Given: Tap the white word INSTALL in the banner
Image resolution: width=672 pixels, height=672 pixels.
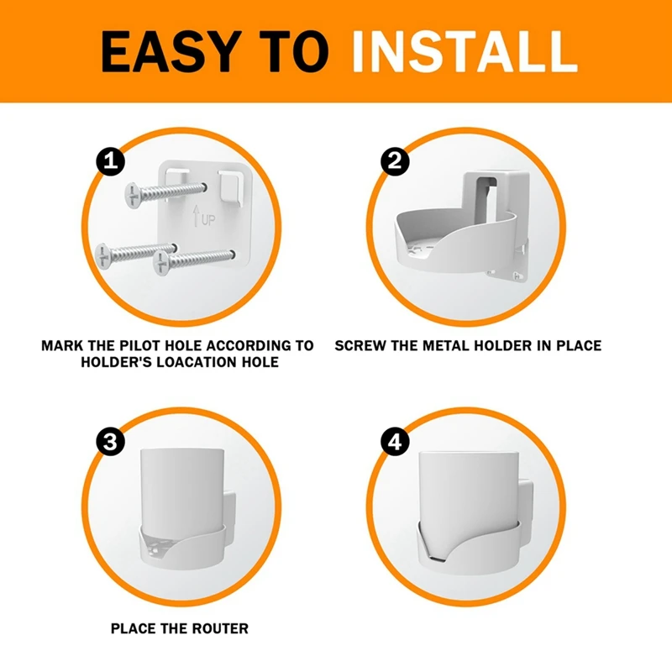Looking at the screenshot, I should [465, 51].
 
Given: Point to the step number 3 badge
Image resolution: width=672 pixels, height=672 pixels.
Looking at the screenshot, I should [110, 443].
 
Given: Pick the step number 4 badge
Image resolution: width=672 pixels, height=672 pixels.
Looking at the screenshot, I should [393, 443].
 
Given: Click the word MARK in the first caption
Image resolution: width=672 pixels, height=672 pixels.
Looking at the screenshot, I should [62, 345].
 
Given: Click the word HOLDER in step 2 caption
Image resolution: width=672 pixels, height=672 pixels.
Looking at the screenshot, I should [513, 345].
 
